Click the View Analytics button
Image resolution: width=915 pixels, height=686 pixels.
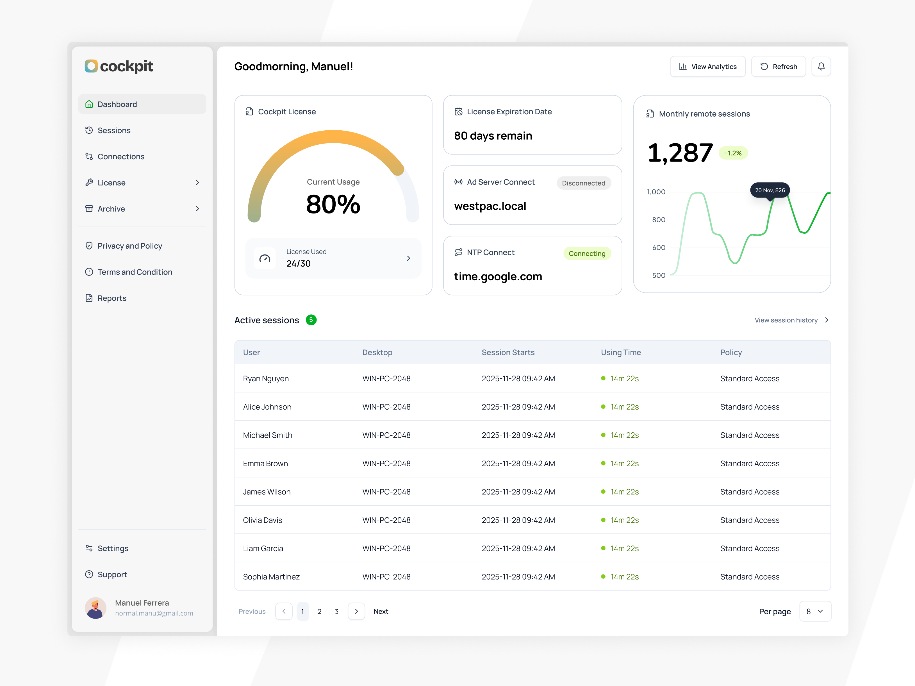707,67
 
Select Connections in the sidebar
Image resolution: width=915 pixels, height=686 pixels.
121,156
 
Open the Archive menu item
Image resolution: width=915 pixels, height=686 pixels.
111,209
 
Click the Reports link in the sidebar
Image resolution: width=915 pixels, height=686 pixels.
112,298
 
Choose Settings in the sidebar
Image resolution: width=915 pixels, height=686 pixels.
113,548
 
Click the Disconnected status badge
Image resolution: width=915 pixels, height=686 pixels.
583,183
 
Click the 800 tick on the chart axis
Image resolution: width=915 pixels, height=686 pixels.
659,220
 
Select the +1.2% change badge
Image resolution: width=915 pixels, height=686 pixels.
732,153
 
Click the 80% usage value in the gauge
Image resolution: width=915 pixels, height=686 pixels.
333,205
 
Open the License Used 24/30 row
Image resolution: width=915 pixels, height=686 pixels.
333,258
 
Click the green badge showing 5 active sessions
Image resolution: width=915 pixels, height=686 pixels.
311,320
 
